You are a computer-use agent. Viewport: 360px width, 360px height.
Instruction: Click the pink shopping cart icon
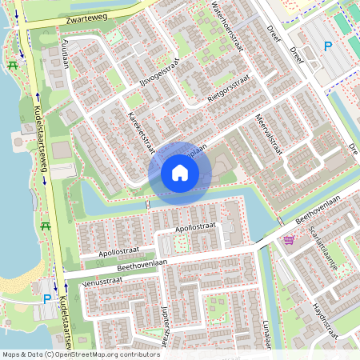point(288,239)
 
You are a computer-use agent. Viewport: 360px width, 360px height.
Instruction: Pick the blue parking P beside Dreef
point(327,47)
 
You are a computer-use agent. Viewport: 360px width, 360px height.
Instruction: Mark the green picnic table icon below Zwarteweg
point(12,65)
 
